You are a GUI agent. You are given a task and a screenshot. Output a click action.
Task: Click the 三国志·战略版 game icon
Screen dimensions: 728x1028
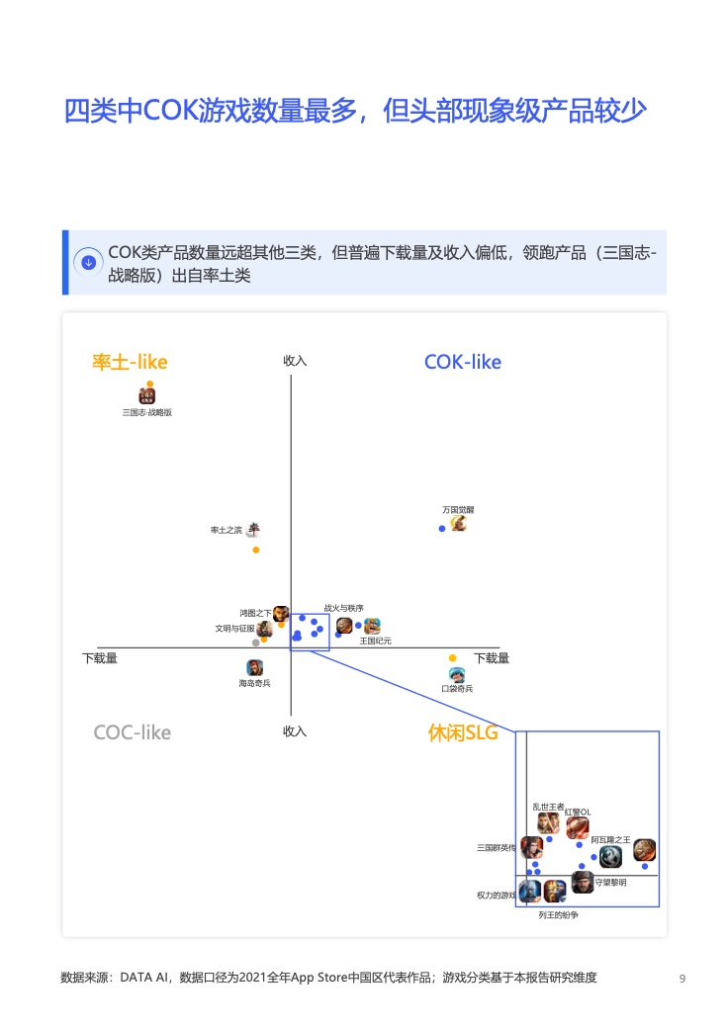pos(147,395)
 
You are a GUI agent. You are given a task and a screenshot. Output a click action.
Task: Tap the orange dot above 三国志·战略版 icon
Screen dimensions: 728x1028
pos(150,385)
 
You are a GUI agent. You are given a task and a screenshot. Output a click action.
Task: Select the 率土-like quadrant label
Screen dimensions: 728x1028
pos(130,362)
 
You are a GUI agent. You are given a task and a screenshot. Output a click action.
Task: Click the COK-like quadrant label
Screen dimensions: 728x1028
pos(462,362)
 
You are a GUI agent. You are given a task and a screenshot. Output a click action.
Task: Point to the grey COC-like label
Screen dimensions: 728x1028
pos(132,732)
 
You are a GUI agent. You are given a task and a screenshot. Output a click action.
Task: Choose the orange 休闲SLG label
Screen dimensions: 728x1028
pos(463,732)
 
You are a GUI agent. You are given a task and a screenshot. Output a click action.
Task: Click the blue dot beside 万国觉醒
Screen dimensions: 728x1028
pos(442,529)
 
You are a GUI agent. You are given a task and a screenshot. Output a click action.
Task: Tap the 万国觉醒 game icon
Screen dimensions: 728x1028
pos(458,523)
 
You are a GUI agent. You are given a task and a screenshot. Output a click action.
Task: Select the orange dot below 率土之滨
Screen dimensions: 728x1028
pos(256,550)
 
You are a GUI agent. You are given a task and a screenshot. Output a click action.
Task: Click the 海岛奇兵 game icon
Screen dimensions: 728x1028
pos(254,667)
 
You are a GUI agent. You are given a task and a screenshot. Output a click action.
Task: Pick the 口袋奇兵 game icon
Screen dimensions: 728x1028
pos(457,674)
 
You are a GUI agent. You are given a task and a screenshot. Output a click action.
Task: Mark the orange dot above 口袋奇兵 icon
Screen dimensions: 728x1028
pos(453,658)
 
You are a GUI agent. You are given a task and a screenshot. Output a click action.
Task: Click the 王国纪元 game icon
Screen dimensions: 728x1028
pos(372,626)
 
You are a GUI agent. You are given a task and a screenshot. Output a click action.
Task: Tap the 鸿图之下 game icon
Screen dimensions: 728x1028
pos(281,614)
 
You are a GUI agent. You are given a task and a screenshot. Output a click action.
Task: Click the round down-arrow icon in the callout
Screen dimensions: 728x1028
pos(89,262)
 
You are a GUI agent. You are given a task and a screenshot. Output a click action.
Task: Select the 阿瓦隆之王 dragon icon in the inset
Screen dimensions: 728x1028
pos(610,857)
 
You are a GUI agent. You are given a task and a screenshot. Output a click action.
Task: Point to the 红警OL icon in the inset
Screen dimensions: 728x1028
pos(578,828)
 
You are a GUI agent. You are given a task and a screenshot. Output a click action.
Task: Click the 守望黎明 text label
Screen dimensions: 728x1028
pos(610,883)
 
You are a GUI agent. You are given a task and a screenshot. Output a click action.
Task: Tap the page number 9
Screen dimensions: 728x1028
pos(682,979)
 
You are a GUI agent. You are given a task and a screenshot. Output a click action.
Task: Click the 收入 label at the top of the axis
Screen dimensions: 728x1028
pos(295,361)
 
